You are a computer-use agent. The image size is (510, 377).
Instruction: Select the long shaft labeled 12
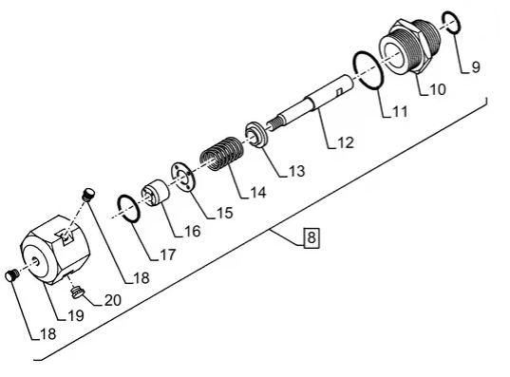(313, 104)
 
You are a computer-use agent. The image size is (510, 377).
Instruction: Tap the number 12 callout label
(344, 143)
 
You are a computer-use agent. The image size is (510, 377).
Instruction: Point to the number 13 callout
(296, 172)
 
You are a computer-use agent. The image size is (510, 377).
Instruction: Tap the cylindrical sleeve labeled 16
(154, 197)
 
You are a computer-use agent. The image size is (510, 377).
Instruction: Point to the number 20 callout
(112, 300)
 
